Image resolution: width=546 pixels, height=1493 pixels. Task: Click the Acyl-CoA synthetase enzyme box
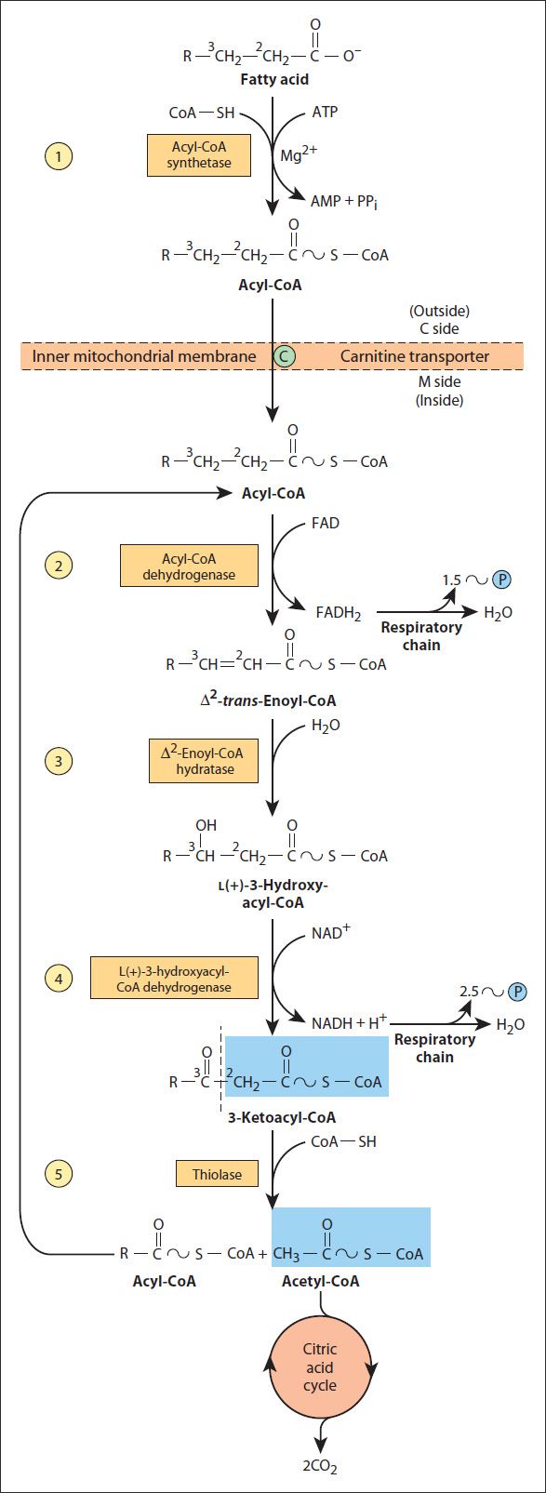coord(199,155)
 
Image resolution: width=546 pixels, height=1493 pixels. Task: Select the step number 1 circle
coord(59,156)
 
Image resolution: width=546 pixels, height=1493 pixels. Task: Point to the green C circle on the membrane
coord(284,356)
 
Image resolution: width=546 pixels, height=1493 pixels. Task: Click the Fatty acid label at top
coord(274,79)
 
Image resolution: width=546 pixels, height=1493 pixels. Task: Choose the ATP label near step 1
coord(325,112)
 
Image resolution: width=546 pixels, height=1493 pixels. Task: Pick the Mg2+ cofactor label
coord(298,154)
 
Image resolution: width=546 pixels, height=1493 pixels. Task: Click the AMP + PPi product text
coord(344,201)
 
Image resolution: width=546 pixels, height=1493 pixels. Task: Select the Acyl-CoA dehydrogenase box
coord(189,566)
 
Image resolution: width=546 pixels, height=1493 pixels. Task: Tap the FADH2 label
coord(339,612)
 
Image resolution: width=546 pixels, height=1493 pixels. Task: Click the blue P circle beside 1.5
coord(501,580)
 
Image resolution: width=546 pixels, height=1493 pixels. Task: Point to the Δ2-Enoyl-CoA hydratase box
coord(204,761)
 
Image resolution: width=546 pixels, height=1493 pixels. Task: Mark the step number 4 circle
coord(59,979)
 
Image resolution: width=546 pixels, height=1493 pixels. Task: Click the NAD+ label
coord(330,932)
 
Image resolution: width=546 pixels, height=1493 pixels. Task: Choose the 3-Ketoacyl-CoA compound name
coord(282,1117)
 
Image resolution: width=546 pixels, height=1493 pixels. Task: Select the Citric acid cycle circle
coord(320,1367)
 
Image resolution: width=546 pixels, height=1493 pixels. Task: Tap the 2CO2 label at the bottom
coord(320,1466)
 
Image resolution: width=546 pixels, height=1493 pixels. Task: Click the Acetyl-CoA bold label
coord(321,1281)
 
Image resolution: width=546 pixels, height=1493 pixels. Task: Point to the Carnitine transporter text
coord(415,356)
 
